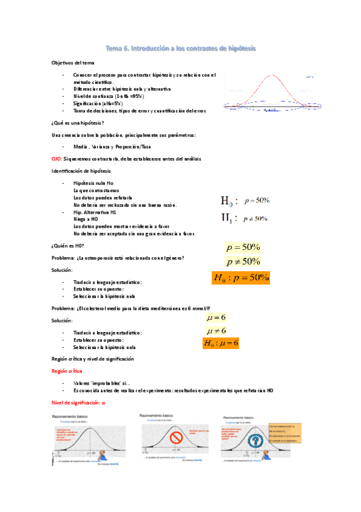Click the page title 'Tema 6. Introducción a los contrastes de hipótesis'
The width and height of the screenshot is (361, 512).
(181, 48)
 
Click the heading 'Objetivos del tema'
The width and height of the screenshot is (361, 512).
(72, 63)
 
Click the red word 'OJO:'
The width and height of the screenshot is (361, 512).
(58, 158)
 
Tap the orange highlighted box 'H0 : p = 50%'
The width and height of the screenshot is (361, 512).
(240, 278)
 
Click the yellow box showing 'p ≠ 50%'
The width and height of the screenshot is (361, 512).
(243, 261)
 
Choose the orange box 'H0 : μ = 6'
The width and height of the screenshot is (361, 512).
(221, 343)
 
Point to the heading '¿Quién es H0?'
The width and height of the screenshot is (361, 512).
(67, 245)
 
